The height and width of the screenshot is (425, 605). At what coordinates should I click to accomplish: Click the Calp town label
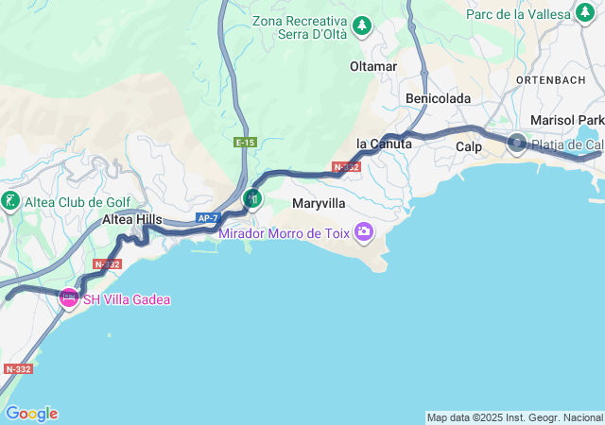coord(469,147)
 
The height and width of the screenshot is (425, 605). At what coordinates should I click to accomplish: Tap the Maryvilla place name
coord(320,203)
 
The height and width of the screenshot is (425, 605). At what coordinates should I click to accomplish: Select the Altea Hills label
coord(131,219)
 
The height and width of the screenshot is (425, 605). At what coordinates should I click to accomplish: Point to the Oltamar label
coord(373,67)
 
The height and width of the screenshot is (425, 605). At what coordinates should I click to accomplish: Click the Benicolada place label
coord(439,98)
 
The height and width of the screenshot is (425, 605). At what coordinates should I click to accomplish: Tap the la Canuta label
coord(384,144)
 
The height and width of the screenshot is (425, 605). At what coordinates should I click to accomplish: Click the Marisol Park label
coord(566,120)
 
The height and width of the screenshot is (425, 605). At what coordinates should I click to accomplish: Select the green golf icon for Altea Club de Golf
coord(10,201)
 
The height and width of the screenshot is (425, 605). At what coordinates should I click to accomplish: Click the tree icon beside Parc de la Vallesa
coord(586,14)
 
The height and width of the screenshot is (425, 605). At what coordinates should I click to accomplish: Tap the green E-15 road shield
coord(246,142)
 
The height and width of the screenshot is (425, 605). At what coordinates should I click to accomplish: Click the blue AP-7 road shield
coord(208,218)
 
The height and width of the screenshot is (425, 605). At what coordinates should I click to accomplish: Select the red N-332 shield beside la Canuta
coord(346,167)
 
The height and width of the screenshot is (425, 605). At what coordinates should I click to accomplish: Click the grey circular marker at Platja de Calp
coord(517,144)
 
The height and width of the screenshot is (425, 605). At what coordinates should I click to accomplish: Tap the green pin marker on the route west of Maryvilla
coord(251,198)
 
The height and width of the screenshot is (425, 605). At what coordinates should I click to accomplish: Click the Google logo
coord(31,414)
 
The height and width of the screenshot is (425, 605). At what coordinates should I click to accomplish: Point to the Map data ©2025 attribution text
coord(514,417)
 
